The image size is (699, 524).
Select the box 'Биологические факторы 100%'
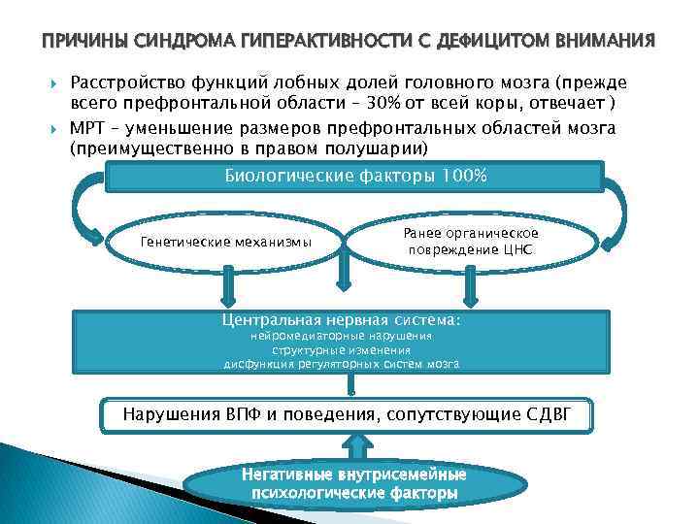pos(355,177)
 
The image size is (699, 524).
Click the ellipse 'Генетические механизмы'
pos(226,242)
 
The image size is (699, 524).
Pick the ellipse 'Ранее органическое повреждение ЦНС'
pos(471,242)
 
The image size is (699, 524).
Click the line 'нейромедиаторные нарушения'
pos(342,336)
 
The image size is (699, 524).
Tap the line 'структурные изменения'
pos(342,350)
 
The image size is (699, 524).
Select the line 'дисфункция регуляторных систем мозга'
pos(342,365)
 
